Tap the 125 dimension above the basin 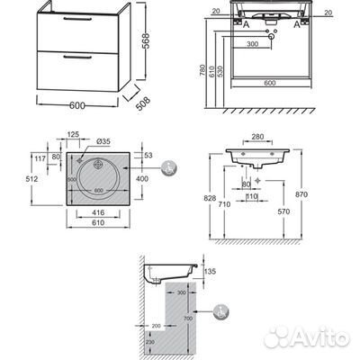(x=74, y=134)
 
